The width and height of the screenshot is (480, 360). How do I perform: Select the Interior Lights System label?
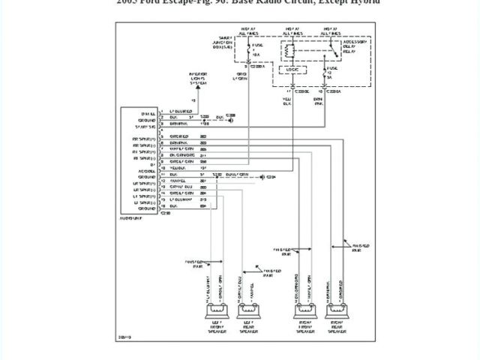coord(199,79)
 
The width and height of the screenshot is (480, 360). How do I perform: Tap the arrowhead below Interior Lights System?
coord(199,89)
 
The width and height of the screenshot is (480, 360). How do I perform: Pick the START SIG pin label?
coord(143,127)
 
